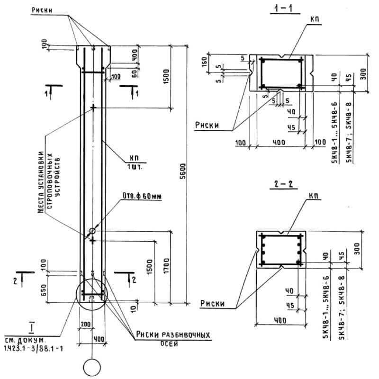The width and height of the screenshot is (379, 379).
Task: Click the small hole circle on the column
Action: coord(92,231)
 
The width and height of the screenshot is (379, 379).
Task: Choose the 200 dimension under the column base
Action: coord(86,323)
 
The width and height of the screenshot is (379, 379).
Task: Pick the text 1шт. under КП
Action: coord(137,166)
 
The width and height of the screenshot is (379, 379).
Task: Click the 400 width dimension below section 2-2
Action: coord(281,320)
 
